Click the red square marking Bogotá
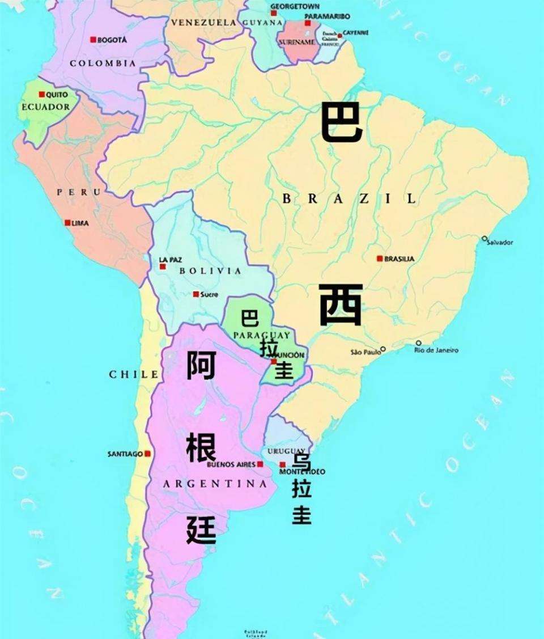click(x=93, y=40)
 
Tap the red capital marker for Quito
click(x=41, y=94)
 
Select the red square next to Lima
click(x=67, y=223)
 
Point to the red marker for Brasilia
click(x=380, y=259)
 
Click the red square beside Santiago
click(x=147, y=454)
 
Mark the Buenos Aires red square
click(x=260, y=464)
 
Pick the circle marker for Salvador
click(x=484, y=239)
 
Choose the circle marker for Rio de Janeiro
click(x=418, y=343)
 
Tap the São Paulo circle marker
click(x=382, y=349)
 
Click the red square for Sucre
click(x=195, y=294)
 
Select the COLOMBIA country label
click(x=103, y=64)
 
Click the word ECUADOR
click(x=45, y=107)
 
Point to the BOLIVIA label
click(x=210, y=271)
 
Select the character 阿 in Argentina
click(x=201, y=365)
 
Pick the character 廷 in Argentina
click(x=201, y=530)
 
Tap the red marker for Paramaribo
click(x=308, y=23)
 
